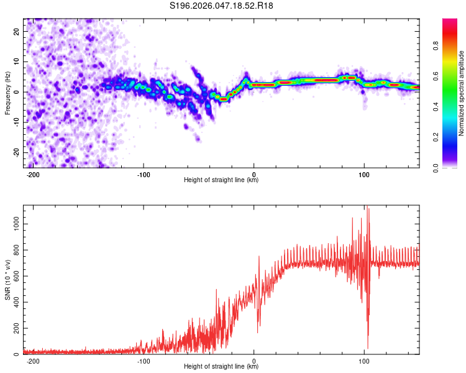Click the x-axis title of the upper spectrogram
[221, 180]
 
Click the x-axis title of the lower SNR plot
[221, 366]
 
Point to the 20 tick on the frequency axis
[17, 31]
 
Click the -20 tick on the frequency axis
[16, 152]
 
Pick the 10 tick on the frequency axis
[17, 62]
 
